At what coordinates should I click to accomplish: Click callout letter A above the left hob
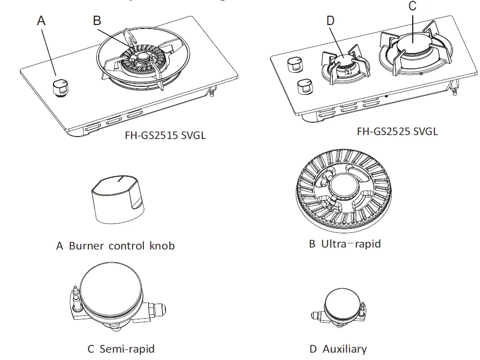click(x=41, y=21)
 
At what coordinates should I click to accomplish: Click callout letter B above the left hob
click(x=97, y=21)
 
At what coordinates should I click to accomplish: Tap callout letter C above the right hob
click(x=412, y=6)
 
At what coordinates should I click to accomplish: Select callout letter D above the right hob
click(x=330, y=21)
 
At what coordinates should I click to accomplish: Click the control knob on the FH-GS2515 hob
click(x=60, y=87)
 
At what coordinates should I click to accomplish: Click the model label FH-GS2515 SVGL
click(x=165, y=135)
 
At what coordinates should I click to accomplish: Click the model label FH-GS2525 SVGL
click(x=397, y=131)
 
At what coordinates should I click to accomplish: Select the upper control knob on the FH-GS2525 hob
click(x=295, y=63)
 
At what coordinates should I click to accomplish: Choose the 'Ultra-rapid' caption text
click(x=351, y=244)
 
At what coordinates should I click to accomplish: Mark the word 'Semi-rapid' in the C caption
click(x=127, y=349)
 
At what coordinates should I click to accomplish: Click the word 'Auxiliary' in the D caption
click(x=345, y=349)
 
